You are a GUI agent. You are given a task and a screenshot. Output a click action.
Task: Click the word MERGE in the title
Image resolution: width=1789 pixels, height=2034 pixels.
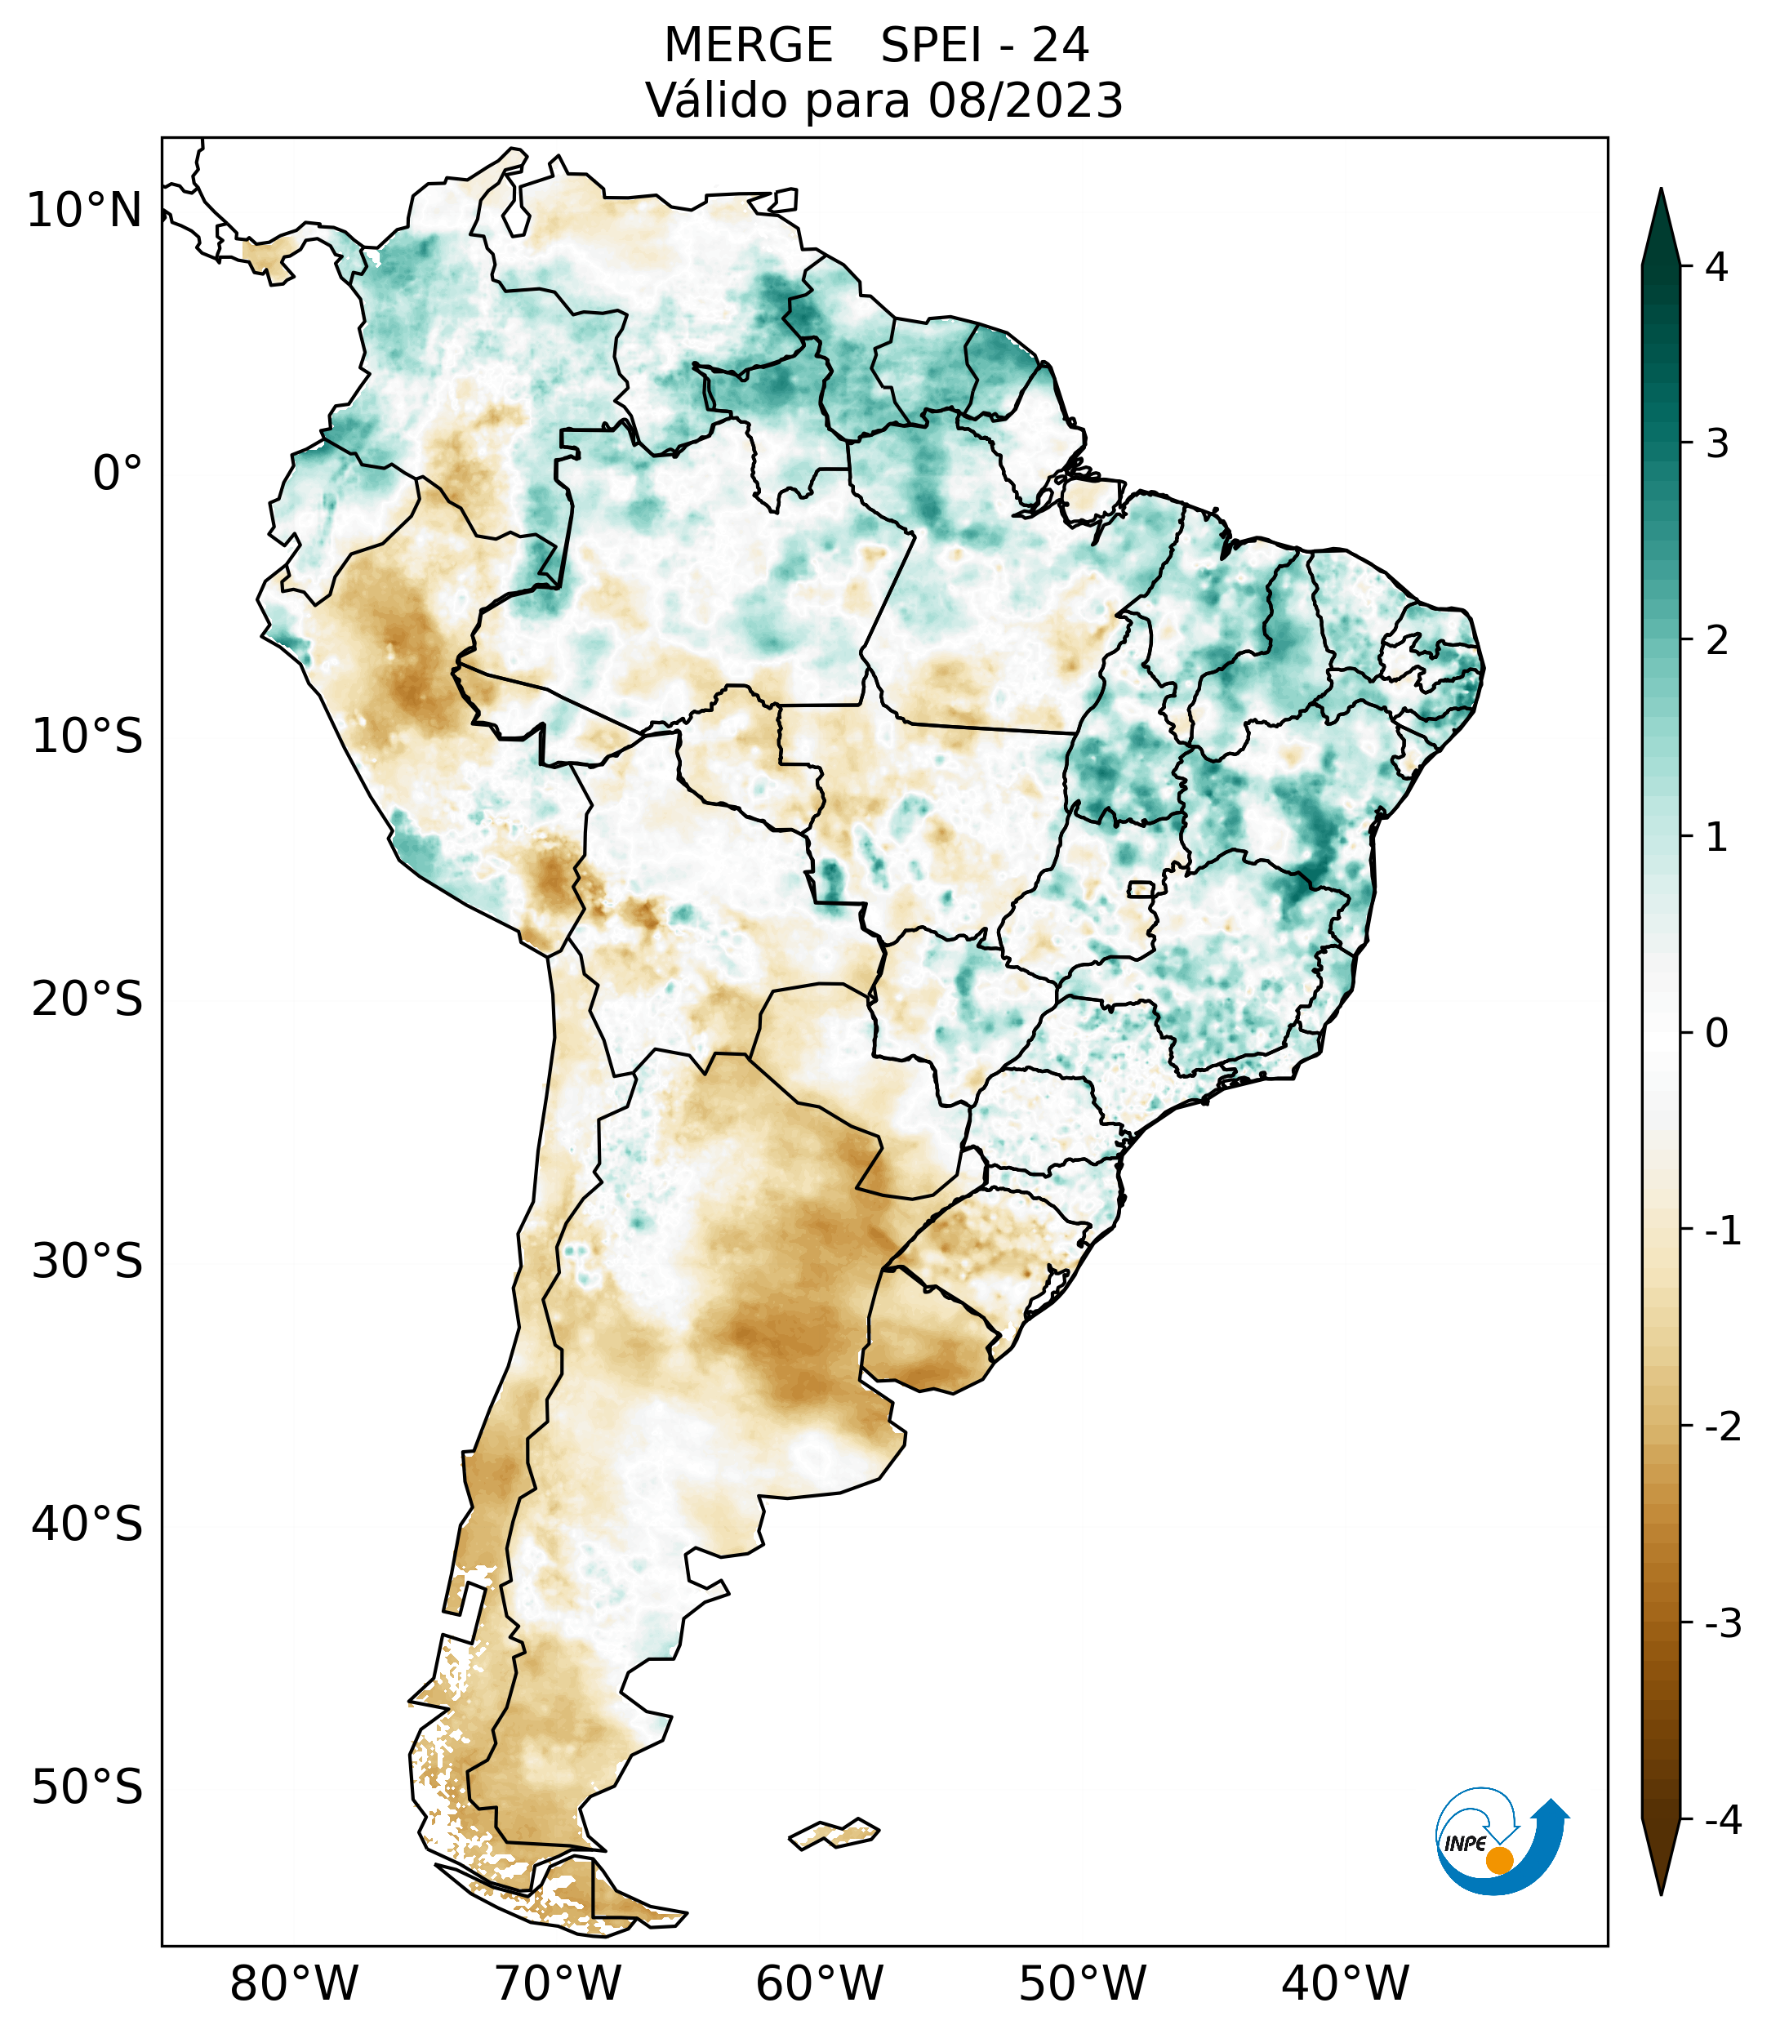click(x=747, y=46)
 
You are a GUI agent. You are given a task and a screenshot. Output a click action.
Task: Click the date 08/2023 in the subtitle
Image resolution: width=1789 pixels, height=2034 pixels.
click(x=1025, y=100)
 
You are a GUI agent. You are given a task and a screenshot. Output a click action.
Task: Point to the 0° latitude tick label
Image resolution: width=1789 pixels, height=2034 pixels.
click(x=118, y=474)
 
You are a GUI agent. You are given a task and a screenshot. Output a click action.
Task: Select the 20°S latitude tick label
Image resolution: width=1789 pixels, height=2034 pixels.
click(x=87, y=999)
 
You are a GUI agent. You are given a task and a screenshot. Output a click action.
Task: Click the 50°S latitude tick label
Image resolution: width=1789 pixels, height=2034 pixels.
click(x=87, y=1787)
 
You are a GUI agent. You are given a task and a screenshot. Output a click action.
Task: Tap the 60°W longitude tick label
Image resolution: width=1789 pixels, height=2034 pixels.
click(x=819, y=1983)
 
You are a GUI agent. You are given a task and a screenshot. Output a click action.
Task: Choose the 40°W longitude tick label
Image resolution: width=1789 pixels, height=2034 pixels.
click(x=1344, y=1983)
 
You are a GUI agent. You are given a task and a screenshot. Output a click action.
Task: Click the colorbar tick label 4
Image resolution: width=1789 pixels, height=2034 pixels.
click(x=1716, y=267)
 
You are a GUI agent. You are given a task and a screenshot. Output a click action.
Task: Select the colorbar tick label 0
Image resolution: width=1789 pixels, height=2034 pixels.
click(x=1716, y=1034)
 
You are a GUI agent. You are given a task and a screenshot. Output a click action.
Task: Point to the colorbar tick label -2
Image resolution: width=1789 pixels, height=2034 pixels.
click(x=1722, y=1427)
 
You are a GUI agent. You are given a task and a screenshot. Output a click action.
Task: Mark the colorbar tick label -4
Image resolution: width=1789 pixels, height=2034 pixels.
click(x=1722, y=1820)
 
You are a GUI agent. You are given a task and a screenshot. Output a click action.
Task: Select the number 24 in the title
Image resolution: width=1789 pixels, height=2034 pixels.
click(x=1060, y=46)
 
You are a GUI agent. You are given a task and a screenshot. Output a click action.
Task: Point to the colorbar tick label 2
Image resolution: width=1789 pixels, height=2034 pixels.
click(x=1716, y=641)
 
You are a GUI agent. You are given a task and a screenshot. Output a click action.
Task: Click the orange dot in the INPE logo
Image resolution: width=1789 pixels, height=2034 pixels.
click(x=1498, y=1860)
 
